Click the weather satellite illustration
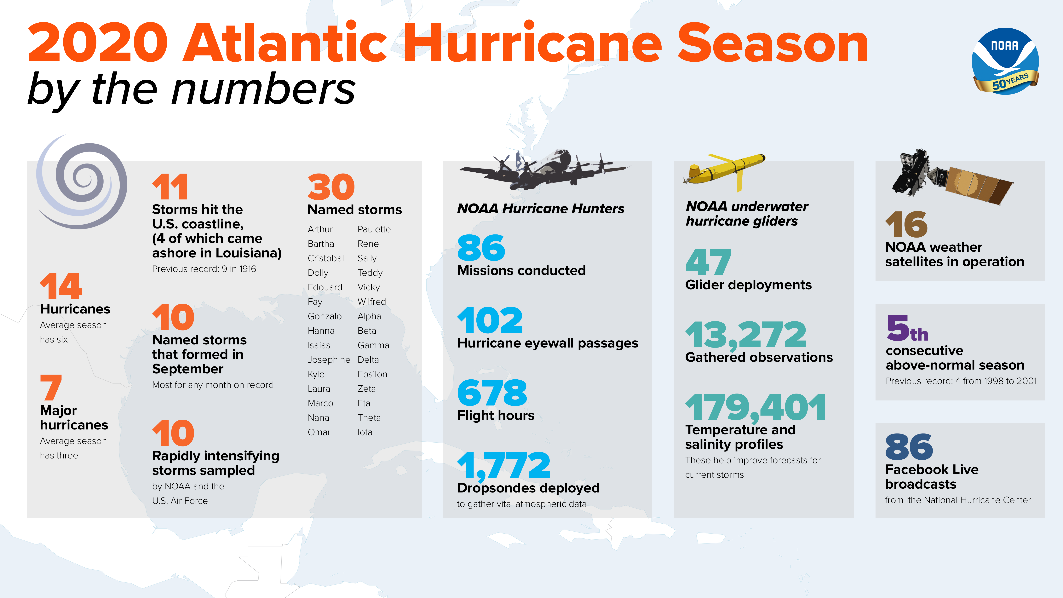[x=949, y=178]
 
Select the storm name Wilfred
[x=371, y=302]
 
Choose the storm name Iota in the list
[x=365, y=432]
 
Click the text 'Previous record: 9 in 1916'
[x=204, y=269]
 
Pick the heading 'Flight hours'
[x=496, y=415]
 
